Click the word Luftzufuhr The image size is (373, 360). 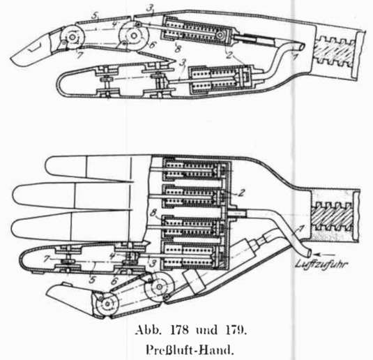pyautogui.click(x=321, y=264)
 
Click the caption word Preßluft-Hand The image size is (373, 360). pyautogui.click(x=189, y=350)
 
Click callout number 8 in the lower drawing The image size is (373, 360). pyautogui.click(x=153, y=213)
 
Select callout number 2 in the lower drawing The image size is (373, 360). pyautogui.click(x=241, y=193)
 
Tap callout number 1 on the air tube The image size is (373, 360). pyautogui.click(x=300, y=230)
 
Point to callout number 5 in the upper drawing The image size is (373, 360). pyautogui.click(x=95, y=16)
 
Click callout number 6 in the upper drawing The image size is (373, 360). pyautogui.click(x=152, y=45)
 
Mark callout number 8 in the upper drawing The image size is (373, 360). pyautogui.click(x=178, y=49)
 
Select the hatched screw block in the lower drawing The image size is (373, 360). pyautogui.click(x=333, y=216)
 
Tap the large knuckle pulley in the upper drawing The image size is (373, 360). pyautogui.click(x=134, y=36)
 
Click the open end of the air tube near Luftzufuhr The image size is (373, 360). pyautogui.click(x=309, y=252)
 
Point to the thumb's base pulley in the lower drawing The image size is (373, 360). pyautogui.click(x=160, y=287)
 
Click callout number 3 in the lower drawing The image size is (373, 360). pyautogui.click(x=153, y=263)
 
